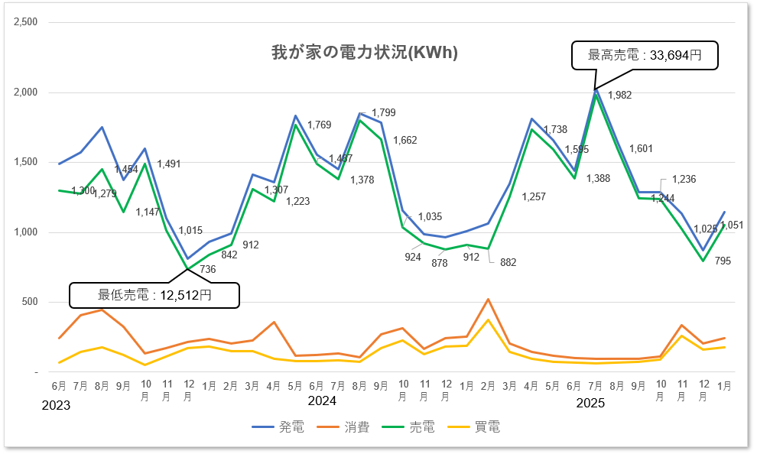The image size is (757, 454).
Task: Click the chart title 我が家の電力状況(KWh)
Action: point(365,53)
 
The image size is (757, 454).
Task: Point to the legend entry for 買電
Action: point(475,427)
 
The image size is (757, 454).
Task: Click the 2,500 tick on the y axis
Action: point(25,22)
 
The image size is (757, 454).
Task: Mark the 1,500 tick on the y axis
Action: point(25,162)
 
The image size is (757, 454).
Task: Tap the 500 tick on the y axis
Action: point(29,302)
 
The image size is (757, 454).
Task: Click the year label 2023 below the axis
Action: point(56,405)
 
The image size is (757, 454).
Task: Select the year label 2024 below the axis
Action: point(322,400)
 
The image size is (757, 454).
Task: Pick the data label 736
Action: point(208,268)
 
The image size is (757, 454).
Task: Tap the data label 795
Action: point(723,261)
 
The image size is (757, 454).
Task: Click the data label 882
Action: point(508,262)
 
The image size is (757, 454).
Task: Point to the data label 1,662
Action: point(405,140)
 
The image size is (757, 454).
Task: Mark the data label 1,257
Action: point(534,196)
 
